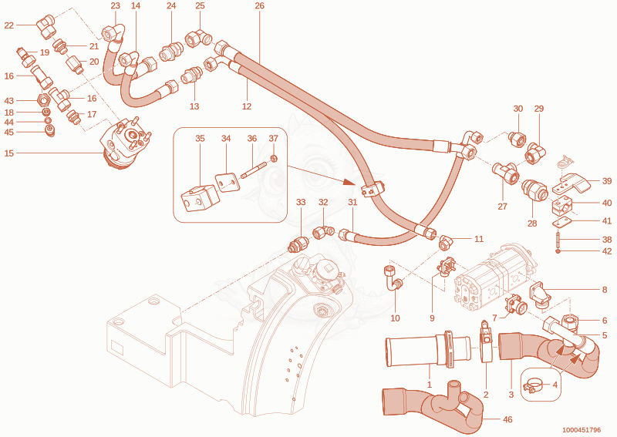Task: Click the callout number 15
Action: (9, 153)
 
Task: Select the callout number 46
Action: (507, 419)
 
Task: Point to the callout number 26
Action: (259, 6)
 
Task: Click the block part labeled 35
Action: (200, 197)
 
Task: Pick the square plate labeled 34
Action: (227, 182)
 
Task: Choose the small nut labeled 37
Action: (274, 159)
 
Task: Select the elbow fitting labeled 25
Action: (198, 39)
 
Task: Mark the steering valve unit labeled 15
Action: (125, 143)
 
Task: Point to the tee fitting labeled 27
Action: (505, 172)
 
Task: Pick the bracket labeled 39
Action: (571, 183)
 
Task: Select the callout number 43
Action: (9, 101)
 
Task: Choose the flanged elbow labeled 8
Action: (538, 294)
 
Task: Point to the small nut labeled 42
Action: (558, 251)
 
